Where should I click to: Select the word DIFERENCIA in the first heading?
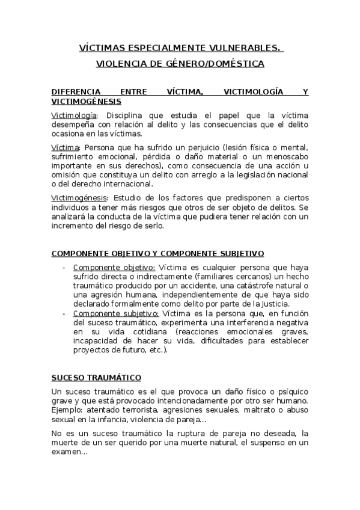click(x=75, y=92)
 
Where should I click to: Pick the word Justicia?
click(x=293, y=304)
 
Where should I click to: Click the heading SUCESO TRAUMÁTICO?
click(x=96, y=377)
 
